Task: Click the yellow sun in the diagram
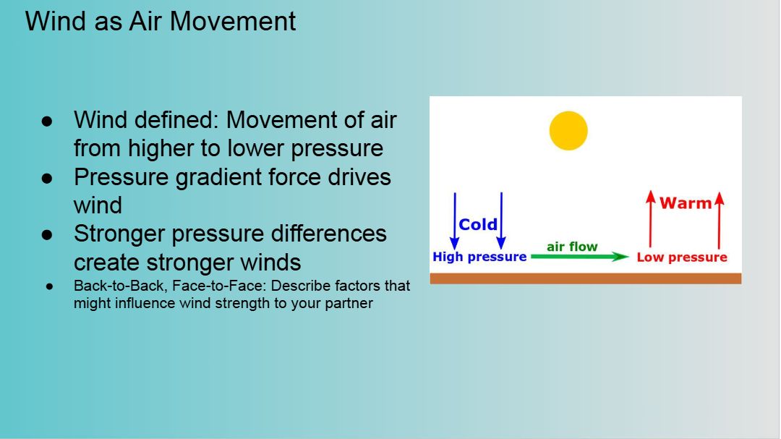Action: (x=568, y=131)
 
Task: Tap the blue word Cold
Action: (x=478, y=225)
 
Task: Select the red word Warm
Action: (x=686, y=203)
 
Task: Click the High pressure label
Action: (x=479, y=257)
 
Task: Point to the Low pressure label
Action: (x=682, y=257)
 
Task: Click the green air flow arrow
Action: (x=580, y=257)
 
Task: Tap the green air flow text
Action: (x=572, y=247)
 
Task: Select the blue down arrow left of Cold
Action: (x=454, y=221)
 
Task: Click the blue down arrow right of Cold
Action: (x=501, y=221)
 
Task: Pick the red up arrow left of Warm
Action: (x=650, y=219)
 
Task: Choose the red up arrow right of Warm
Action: (x=719, y=219)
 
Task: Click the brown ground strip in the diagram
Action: (x=586, y=278)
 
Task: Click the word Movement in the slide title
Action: (x=233, y=22)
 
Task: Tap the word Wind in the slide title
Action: (x=56, y=22)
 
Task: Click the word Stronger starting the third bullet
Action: (x=119, y=234)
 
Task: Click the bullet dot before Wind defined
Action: (x=47, y=121)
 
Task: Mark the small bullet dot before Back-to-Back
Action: (x=49, y=286)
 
